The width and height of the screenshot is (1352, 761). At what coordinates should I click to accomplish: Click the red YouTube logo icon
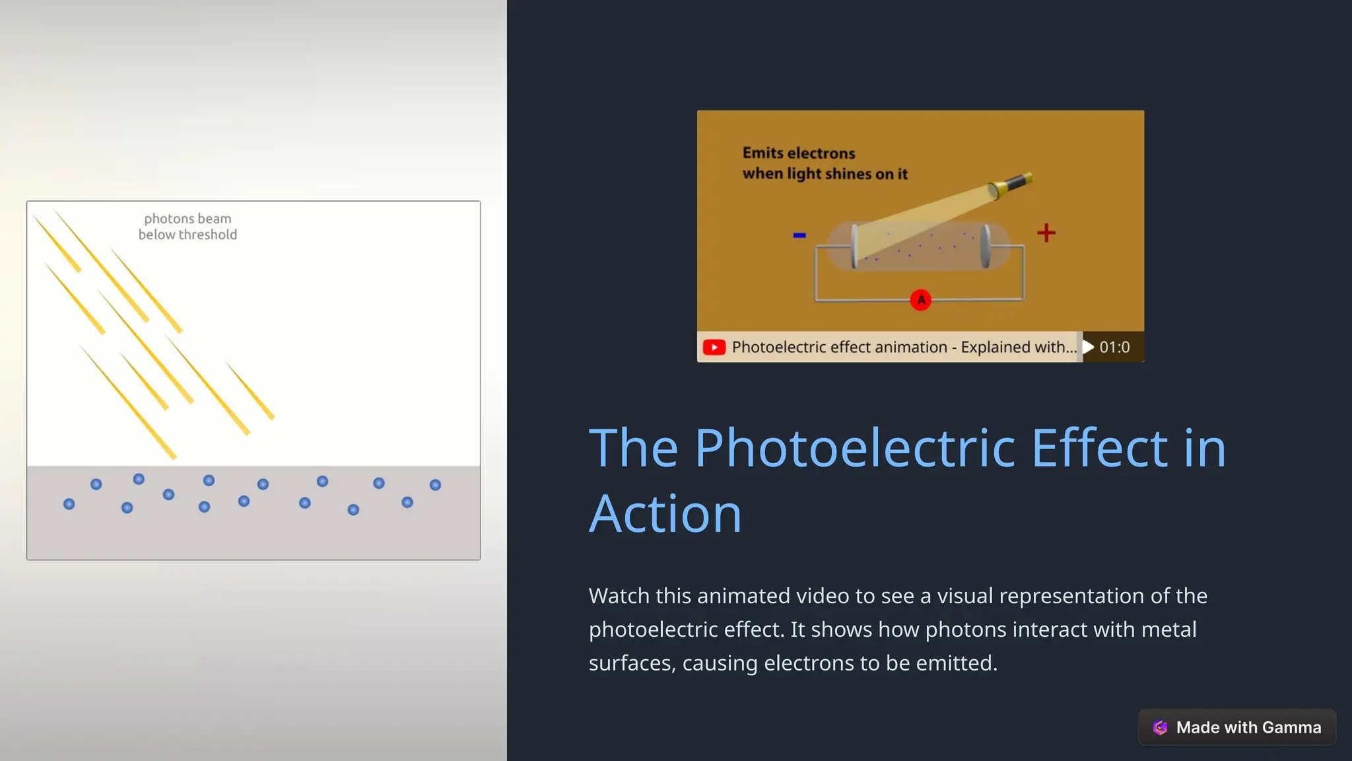tap(714, 347)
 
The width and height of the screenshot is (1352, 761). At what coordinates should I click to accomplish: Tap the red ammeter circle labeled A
tap(920, 300)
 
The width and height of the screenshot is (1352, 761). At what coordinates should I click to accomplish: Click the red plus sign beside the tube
tap(1046, 233)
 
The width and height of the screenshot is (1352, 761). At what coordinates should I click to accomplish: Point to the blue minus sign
tap(799, 235)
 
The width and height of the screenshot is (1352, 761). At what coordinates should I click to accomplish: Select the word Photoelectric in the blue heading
tap(854, 448)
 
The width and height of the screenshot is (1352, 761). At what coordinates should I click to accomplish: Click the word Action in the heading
tap(665, 514)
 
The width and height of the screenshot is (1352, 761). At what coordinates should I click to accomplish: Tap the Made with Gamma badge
tap(1236, 727)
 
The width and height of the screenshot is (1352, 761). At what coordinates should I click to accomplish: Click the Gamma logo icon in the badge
tap(1160, 727)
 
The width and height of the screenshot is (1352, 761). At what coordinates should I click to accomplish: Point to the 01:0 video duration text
tap(1114, 347)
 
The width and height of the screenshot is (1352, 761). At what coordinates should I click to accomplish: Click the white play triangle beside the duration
tap(1089, 347)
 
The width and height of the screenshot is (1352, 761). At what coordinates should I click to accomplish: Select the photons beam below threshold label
tap(187, 227)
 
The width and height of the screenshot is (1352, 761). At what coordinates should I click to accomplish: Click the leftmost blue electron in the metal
tap(69, 504)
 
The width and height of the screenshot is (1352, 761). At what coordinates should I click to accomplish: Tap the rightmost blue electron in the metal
tap(435, 485)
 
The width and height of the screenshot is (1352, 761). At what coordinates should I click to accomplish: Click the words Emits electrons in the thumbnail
tap(798, 153)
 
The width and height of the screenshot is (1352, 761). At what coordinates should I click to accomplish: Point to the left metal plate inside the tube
tap(854, 246)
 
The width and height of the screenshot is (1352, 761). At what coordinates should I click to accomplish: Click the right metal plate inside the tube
tap(986, 246)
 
